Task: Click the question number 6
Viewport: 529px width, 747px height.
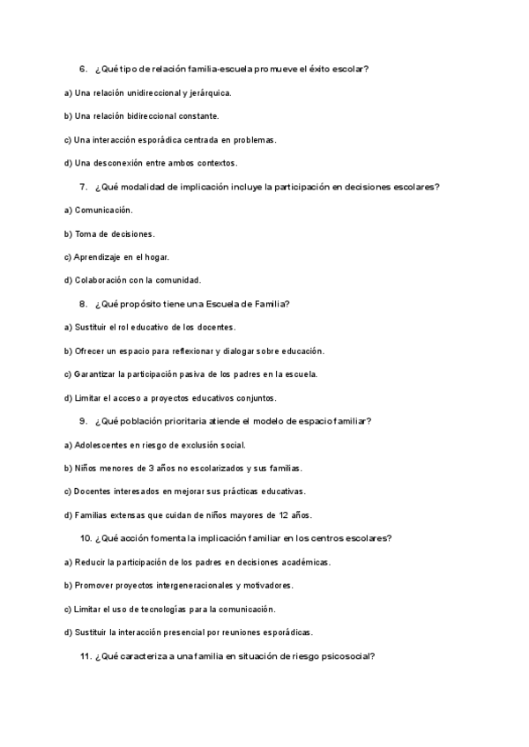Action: (83, 69)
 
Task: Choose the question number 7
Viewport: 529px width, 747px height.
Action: (83, 187)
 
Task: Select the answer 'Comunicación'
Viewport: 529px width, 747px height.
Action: (103, 210)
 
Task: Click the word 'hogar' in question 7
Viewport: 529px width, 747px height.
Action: (156, 257)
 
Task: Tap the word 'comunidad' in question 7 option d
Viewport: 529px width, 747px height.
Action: (180, 280)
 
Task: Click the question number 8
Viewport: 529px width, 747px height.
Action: (83, 304)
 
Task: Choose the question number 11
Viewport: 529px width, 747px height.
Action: (86, 656)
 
